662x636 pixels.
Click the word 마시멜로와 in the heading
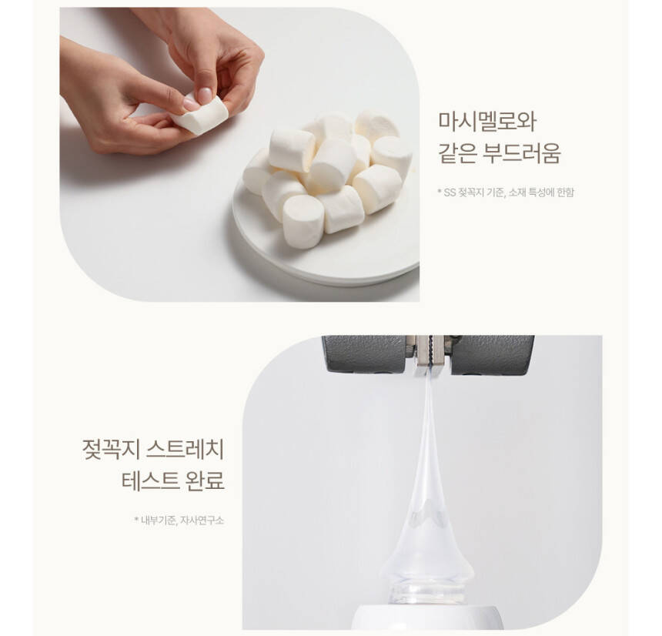click(486, 122)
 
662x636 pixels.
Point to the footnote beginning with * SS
click(506, 192)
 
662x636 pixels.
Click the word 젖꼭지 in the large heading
click(111, 450)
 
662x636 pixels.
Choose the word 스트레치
click(185, 450)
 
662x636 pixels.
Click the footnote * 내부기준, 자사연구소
click(179, 521)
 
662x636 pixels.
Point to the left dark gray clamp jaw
click(366, 354)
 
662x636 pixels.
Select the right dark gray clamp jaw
click(492, 355)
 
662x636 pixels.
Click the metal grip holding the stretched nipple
click(430, 354)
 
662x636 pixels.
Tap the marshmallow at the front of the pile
click(303, 221)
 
